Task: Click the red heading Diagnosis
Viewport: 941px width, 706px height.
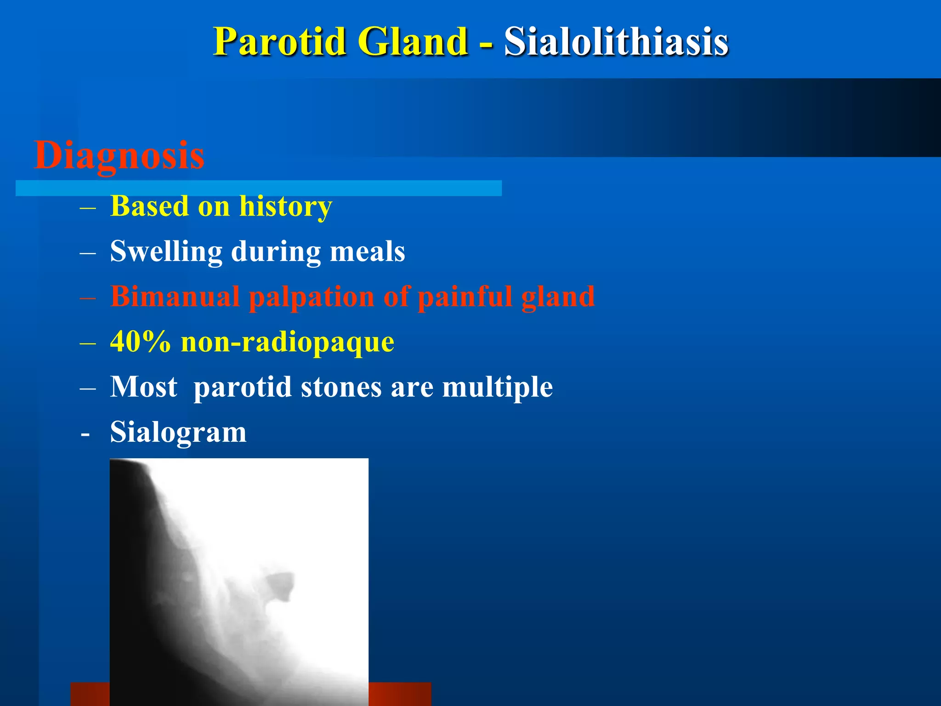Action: [119, 155]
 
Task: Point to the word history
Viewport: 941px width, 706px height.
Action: [285, 206]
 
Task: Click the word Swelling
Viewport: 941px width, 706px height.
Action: [166, 251]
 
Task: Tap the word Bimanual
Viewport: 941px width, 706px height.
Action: [175, 296]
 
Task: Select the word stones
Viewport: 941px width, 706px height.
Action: [341, 387]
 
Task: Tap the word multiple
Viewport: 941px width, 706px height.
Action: [497, 387]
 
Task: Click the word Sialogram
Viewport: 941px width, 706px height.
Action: [178, 432]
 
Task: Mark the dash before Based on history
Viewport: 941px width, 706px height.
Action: [87, 208]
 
